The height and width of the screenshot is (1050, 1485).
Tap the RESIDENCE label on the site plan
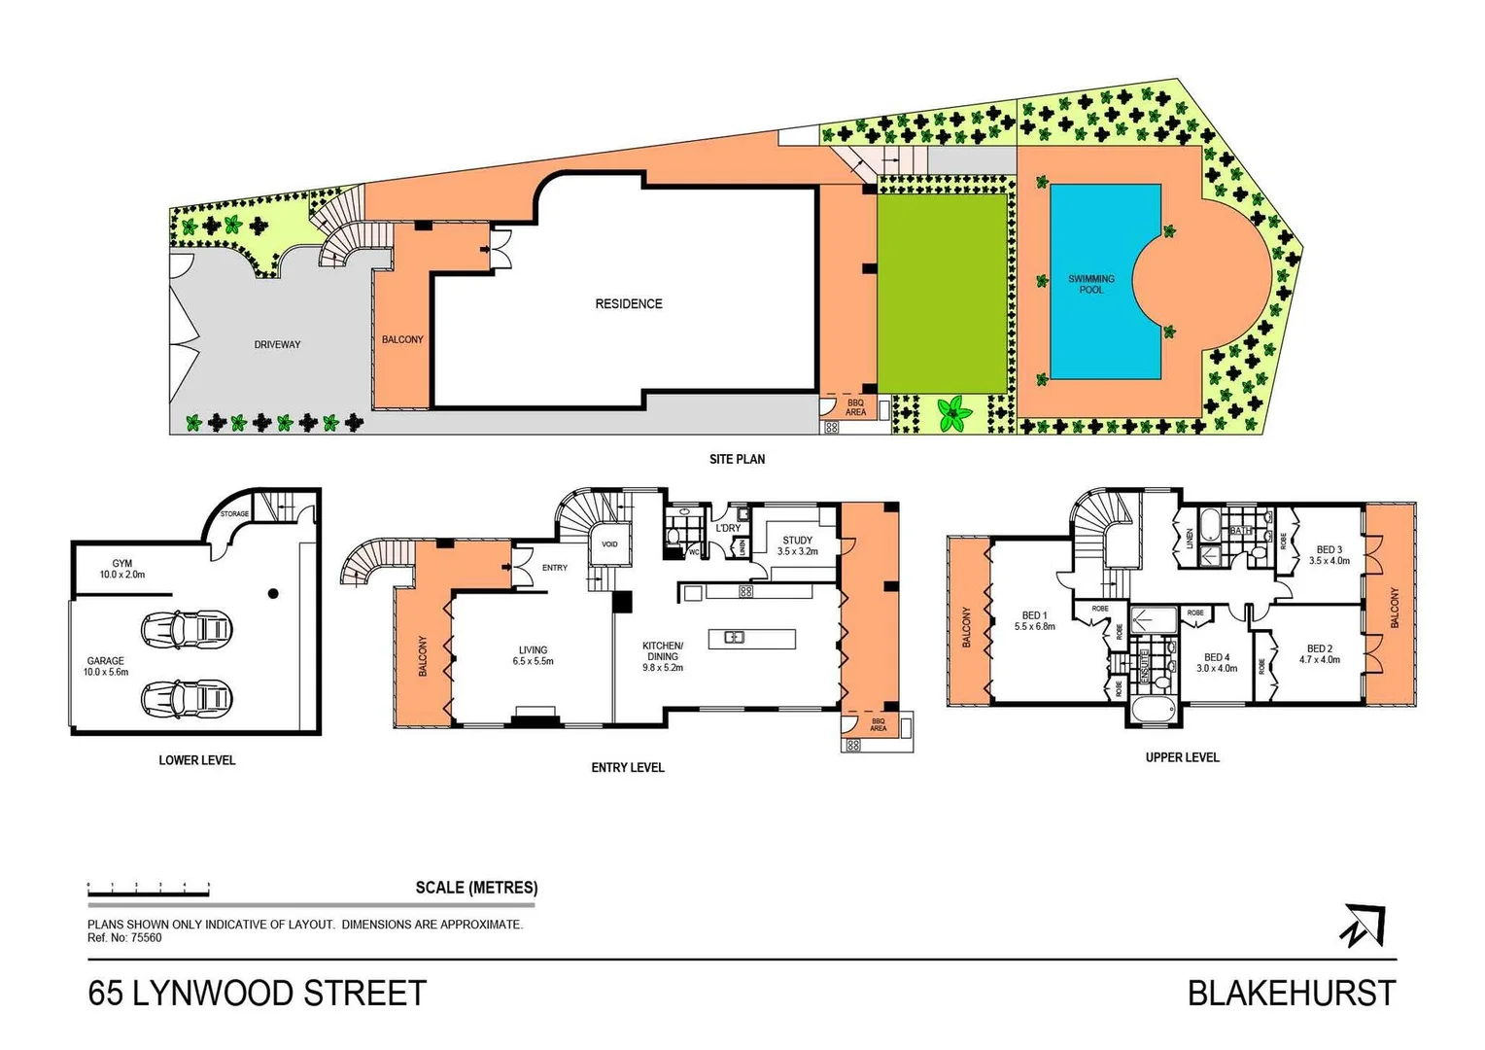(629, 304)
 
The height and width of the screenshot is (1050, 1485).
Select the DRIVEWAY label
(277, 344)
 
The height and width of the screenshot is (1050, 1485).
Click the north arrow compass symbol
(1363, 925)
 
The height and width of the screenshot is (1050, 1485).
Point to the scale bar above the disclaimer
(149, 888)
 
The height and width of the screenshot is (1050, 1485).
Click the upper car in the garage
(187, 630)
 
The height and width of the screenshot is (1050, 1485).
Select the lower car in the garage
(187, 697)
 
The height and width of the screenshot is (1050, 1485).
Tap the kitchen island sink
(734, 638)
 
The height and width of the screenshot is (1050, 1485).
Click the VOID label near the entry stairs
(609, 544)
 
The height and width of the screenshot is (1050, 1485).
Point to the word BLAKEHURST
(1291, 994)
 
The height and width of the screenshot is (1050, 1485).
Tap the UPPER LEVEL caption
(1182, 757)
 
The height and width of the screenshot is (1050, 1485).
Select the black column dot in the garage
(273, 593)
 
